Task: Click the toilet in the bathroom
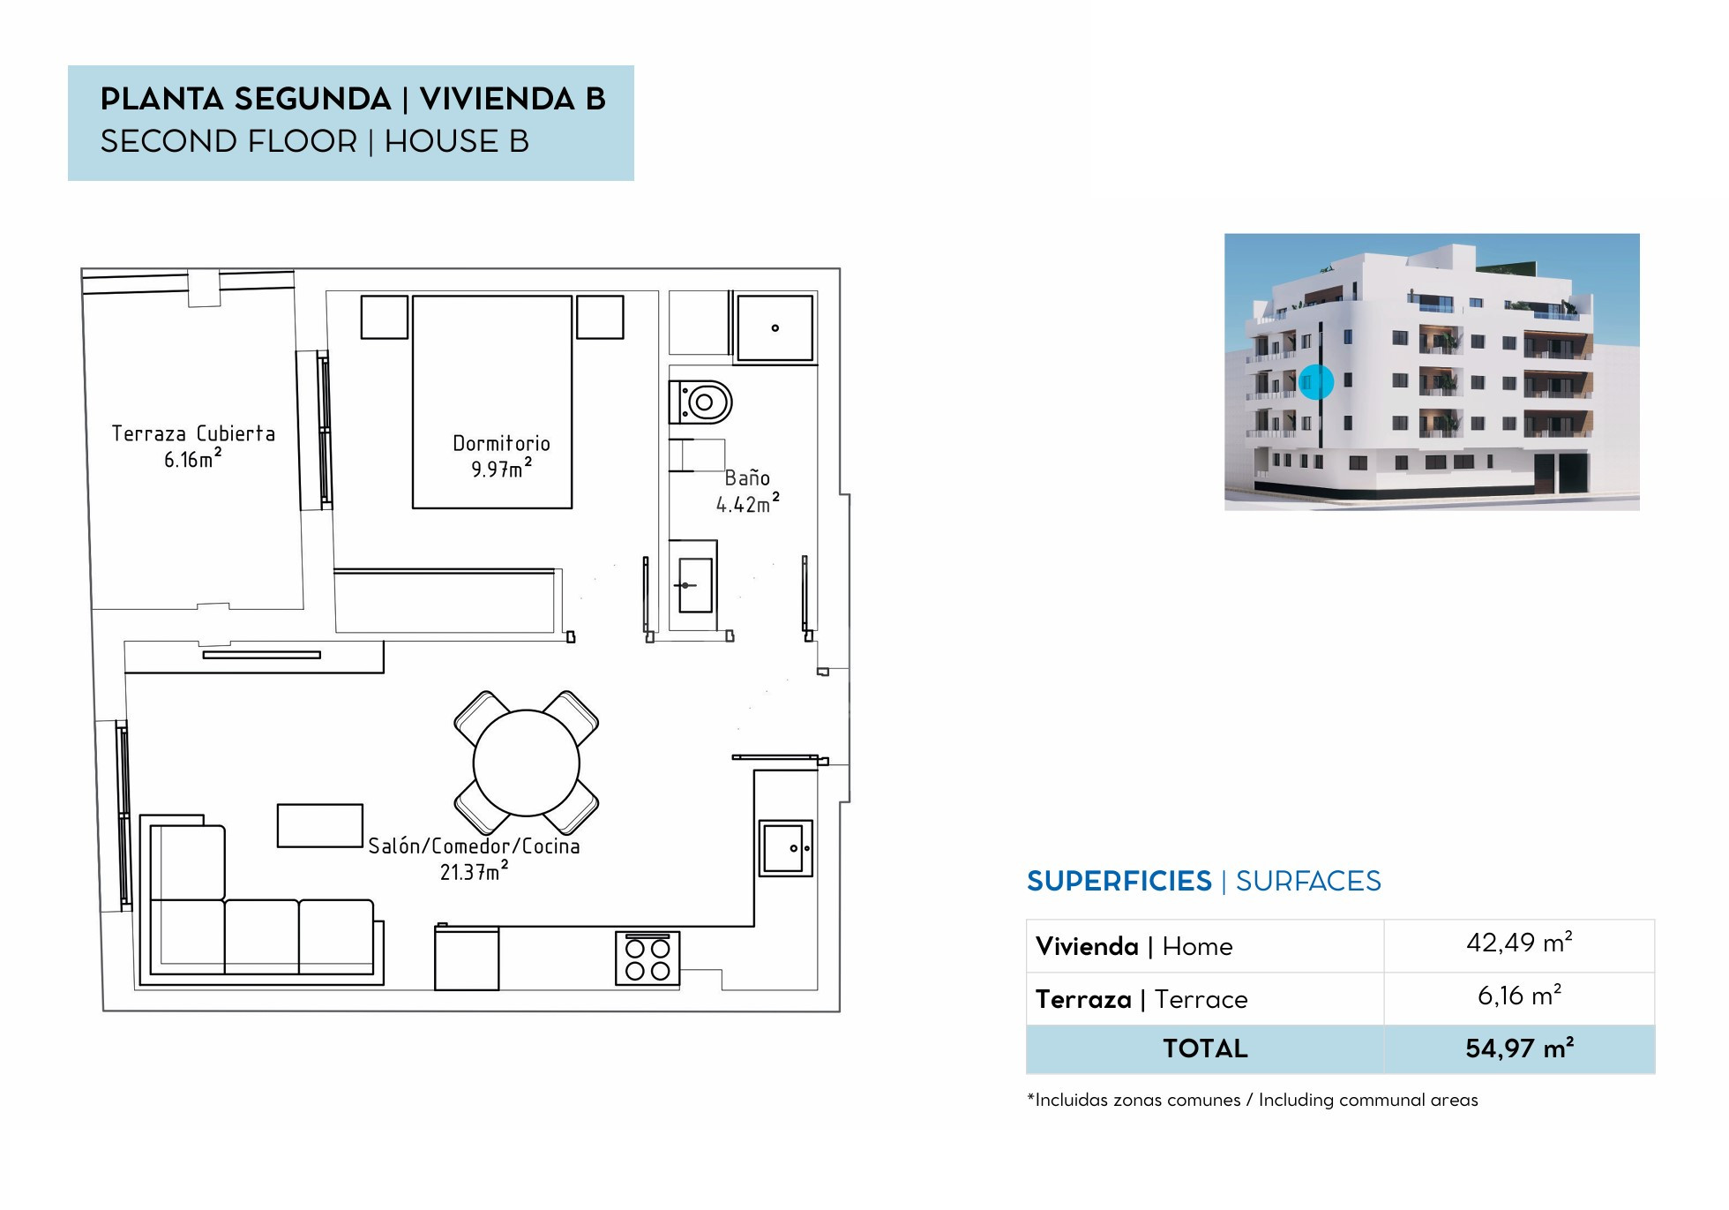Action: [x=701, y=402]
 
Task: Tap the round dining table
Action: [x=526, y=763]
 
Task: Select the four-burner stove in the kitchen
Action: [x=647, y=958]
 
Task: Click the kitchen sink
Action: [x=785, y=848]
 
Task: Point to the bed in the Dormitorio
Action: [x=492, y=402]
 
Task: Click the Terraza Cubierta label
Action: [x=193, y=433]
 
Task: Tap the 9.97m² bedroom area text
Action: [x=501, y=468]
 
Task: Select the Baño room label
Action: [x=747, y=477]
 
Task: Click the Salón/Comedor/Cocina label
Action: [x=474, y=845]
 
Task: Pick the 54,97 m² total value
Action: [x=1519, y=1048]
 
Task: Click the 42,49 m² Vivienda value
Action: [x=1519, y=943]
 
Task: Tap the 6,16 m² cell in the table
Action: [x=1519, y=996]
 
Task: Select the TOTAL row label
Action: [x=1205, y=1048]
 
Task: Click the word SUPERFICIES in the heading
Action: [x=1119, y=881]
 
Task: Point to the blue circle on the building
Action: [x=1315, y=382]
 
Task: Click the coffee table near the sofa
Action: [x=320, y=826]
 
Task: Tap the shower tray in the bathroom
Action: [x=775, y=328]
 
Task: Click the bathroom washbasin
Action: [x=694, y=585]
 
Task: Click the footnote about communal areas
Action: [x=1253, y=1100]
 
